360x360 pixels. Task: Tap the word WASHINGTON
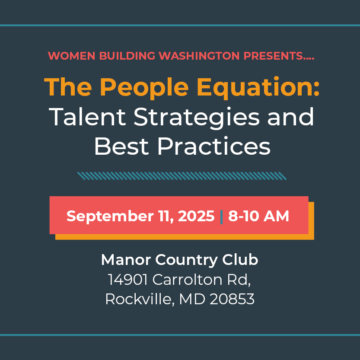[x=199, y=56]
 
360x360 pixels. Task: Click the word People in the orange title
[x=144, y=88]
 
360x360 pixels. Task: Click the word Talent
[x=87, y=117]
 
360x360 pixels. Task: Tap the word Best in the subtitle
[x=121, y=146]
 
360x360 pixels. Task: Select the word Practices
[x=214, y=146]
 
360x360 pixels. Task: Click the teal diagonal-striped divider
[x=182, y=176]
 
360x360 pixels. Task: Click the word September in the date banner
[x=110, y=216]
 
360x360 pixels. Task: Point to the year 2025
[x=196, y=216]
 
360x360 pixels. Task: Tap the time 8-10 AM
[x=258, y=216]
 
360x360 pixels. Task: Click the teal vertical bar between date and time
[x=221, y=217]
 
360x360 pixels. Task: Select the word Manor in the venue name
[x=126, y=260]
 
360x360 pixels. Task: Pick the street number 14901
[x=127, y=280]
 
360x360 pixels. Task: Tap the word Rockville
[x=138, y=299]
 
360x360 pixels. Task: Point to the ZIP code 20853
[x=232, y=299]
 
